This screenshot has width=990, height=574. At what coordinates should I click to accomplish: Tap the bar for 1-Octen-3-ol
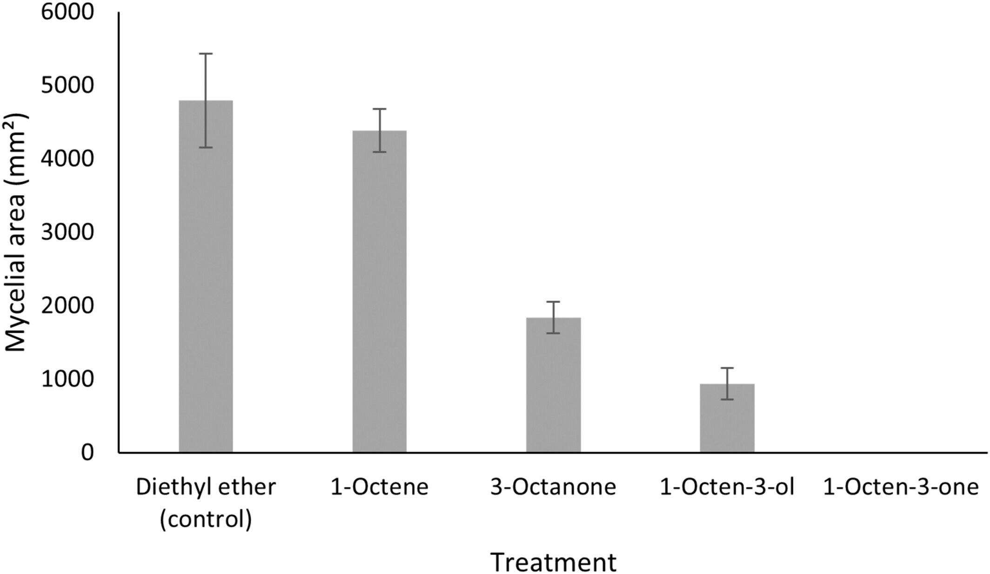click(727, 418)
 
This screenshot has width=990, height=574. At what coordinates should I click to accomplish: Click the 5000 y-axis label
click(67, 86)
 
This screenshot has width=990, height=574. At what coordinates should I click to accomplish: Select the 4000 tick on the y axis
click(67, 159)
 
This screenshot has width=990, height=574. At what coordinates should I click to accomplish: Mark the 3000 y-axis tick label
click(67, 232)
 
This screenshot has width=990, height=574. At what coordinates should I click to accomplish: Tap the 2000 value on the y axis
click(67, 306)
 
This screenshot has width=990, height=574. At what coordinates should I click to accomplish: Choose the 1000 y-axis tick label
click(67, 379)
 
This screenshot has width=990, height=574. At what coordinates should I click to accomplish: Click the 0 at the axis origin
click(87, 452)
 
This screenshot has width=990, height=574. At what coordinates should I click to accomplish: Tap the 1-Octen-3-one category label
click(901, 487)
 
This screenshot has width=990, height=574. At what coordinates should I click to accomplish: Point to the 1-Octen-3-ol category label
click(727, 487)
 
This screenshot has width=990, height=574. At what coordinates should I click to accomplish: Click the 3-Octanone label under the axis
click(553, 487)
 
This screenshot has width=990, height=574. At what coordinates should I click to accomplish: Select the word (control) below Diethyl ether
click(206, 520)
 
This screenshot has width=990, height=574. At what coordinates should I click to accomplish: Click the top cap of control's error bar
click(206, 54)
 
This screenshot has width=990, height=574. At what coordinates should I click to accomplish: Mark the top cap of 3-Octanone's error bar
click(553, 302)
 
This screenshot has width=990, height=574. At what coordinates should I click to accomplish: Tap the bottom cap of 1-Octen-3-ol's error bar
click(727, 399)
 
